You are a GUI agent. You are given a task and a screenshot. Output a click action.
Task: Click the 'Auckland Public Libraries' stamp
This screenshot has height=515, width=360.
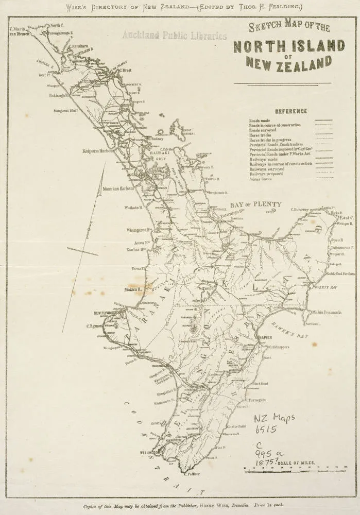pos(175,36)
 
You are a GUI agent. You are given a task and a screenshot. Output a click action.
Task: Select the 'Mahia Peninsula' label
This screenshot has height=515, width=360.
pos(327,312)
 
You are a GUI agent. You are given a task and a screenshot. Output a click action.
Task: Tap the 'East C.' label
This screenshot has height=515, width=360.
pos(346,218)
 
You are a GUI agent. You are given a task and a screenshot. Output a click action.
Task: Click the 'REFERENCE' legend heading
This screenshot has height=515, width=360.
pos(291,111)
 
